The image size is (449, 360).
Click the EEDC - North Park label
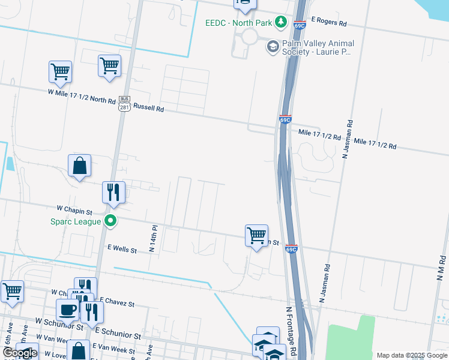click(238, 23)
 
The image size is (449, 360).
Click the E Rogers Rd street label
click(328, 23)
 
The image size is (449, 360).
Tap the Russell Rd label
click(148, 109)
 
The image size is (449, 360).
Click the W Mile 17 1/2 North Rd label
click(82, 96)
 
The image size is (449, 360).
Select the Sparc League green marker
click(110, 221)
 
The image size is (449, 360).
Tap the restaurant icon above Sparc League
click(113, 193)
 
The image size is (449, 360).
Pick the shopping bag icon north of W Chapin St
click(79, 166)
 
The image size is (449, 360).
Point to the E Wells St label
click(122, 247)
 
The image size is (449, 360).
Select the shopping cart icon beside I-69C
click(256, 236)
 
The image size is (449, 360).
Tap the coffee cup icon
click(67, 310)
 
